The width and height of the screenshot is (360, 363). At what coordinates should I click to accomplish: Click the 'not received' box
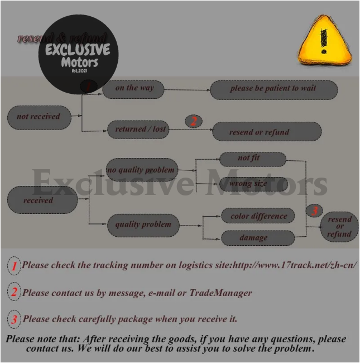point(39,117)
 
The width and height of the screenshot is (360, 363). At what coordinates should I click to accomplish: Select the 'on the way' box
point(135,88)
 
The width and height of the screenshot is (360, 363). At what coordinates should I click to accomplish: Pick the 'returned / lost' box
point(140,130)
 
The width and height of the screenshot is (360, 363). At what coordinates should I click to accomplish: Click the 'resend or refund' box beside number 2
point(267,132)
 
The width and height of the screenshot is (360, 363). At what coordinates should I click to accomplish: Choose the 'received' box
point(42,200)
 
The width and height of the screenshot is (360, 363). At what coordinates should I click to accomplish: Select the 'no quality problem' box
point(141,170)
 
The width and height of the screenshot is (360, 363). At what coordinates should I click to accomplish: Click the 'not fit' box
point(252,159)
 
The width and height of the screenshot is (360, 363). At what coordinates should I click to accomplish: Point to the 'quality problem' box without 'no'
point(142,225)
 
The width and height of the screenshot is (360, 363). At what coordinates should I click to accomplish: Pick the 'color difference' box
point(258,216)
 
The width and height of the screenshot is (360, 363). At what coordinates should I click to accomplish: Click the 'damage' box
point(257,238)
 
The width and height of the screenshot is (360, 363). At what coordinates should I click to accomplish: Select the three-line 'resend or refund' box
point(339,227)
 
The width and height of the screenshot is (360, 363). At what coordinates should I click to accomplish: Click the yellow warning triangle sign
point(324,41)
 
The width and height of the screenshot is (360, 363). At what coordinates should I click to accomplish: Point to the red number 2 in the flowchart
point(194,121)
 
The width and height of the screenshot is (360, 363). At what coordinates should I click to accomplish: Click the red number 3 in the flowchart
point(315,211)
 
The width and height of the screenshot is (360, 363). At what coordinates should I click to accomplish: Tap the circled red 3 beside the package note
point(13,319)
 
